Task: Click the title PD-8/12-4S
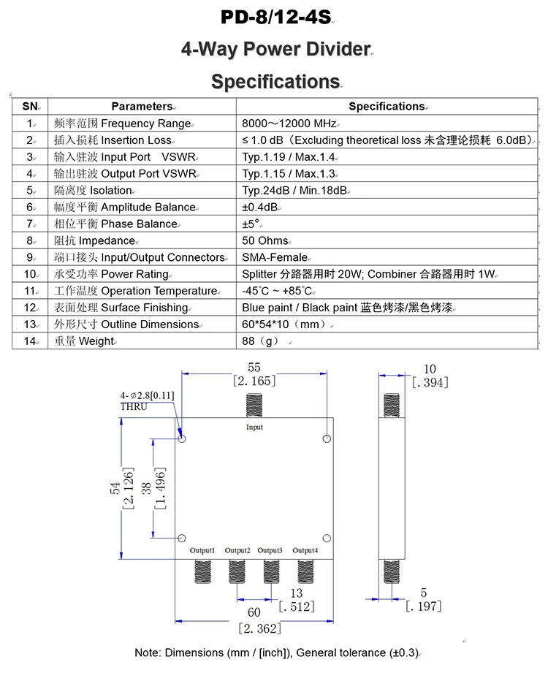click(x=276, y=17)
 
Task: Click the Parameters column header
click(x=142, y=107)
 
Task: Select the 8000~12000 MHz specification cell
click(x=289, y=123)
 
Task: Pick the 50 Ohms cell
click(x=265, y=241)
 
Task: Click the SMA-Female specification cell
click(x=275, y=257)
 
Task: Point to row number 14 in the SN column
click(x=30, y=341)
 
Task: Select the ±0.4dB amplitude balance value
click(x=259, y=208)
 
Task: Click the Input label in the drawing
click(x=254, y=427)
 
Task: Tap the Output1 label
click(x=202, y=550)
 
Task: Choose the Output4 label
click(x=305, y=550)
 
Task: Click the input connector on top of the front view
click(x=254, y=405)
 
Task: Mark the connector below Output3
click(x=271, y=571)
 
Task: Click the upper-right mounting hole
click(x=327, y=438)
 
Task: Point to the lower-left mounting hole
click(x=181, y=539)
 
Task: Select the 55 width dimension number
click(x=254, y=368)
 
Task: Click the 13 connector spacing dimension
click(x=297, y=593)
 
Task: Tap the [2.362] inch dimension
click(x=260, y=629)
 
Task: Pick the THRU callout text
click(x=134, y=406)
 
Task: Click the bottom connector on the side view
click(x=392, y=571)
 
